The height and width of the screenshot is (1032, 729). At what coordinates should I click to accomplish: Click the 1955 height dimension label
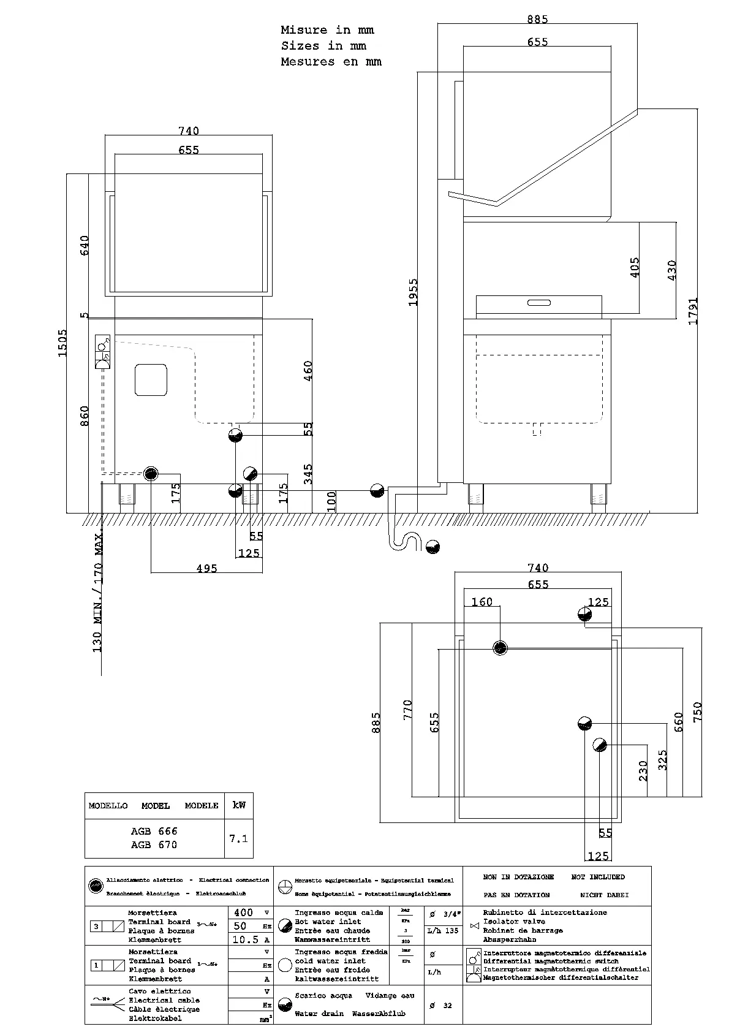pyautogui.click(x=414, y=292)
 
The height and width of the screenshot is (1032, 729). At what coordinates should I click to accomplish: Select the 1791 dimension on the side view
pyautogui.click(x=693, y=311)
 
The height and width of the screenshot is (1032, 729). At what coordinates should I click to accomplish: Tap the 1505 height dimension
pyautogui.click(x=62, y=343)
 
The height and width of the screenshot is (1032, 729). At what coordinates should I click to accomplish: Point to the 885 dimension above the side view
pyautogui.click(x=537, y=19)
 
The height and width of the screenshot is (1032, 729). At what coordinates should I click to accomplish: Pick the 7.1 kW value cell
pyautogui.click(x=238, y=838)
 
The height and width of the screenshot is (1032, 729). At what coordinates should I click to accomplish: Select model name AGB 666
pyautogui.click(x=154, y=831)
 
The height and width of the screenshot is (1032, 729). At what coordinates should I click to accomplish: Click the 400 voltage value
pyautogui.click(x=243, y=912)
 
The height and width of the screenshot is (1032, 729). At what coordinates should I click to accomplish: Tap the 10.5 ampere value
pyautogui.click(x=246, y=939)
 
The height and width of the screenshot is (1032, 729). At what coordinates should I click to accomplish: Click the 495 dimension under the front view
pyautogui.click(x=206, y=569)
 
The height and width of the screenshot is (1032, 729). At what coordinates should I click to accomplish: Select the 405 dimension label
pyautogui.click(x=635, y=268)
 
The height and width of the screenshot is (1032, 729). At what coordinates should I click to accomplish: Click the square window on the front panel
pyautogui.click(x=151, y=380)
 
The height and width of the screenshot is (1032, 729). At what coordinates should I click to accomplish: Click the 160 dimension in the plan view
pyautogui.click(x=482, y=602)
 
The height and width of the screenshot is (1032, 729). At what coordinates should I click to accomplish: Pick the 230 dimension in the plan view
pyautogui.click(x=643, y=772)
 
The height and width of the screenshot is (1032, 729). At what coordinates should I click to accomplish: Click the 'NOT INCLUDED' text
pyautogui.click(x=597, y=877)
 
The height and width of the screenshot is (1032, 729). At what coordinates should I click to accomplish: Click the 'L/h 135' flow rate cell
pyautogui.click(x=443, y=930)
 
